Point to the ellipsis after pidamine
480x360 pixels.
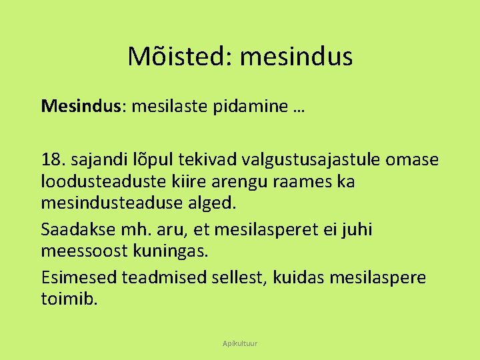(x=297, y=108)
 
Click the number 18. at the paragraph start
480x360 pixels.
(x=53, y=160)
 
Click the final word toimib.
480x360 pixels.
(x=69, y=299)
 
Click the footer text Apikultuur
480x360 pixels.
(x=240, y=343)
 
